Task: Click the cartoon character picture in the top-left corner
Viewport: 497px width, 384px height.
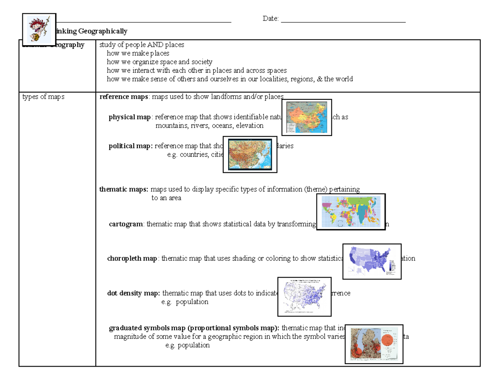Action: click(x=39, y=29)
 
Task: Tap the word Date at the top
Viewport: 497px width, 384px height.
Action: click(x=270, y=19)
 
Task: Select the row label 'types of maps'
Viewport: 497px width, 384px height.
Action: click(x=43, y=97)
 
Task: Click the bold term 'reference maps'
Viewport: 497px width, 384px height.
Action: click(x=124, y=97)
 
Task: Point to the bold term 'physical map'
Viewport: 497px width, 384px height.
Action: click(x=130, y=117)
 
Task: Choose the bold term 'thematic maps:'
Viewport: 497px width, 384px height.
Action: click(x=124, y=190)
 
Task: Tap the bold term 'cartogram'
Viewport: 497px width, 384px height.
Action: click(x=126, y=224)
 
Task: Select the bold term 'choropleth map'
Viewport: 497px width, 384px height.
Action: click(x=132, y=258)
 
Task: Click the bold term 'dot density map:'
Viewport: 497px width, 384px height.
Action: click(x=134, y=293)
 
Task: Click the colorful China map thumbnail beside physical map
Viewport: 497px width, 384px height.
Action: click(x=306, y=117)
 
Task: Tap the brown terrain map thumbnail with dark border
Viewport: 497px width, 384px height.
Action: click(x=250, y=155)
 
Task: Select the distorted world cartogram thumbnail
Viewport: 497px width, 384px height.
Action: click(x=351, y=211)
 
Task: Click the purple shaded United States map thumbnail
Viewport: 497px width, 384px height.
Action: click(x=372, y=261)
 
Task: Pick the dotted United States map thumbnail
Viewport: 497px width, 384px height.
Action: click(x=304, y=296)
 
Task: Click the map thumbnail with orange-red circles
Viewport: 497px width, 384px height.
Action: click(x=374, y=343)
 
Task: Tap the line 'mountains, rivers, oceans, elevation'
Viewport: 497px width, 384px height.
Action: click(x=209, y=126)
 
